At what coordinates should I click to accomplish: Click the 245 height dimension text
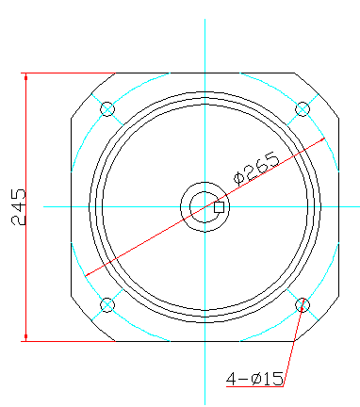point(18,207)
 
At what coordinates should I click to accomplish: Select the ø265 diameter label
point(256,169)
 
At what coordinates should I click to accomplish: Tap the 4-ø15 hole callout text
point(254,379)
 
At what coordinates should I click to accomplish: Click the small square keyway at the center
point(219,207)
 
